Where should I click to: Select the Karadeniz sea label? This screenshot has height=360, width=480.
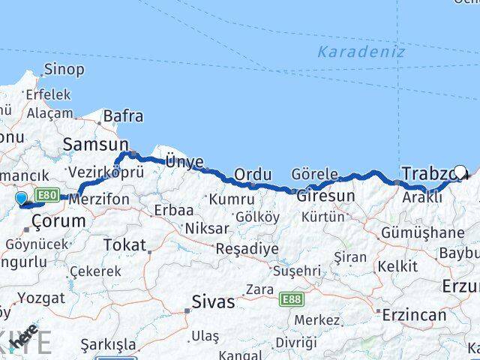[361, 52]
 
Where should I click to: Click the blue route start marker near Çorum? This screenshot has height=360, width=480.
[21, 199]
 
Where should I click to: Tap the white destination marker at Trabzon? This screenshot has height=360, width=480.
[460, 172]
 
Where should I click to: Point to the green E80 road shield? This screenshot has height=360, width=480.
[46, 193]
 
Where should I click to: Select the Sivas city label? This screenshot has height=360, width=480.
[213, 303]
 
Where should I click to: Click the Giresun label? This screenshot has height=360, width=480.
[325, 196]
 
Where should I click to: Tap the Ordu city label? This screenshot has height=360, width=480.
[253, 175]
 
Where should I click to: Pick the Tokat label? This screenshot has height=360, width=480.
[124, 244]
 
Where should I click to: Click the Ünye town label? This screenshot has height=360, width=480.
[184, 160]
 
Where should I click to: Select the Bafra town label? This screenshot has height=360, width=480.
[123, 116]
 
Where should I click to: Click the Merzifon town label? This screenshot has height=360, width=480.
[99, 199]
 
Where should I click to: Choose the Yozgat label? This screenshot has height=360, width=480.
[40, 298]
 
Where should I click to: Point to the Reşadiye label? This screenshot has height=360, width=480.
[247, 248]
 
